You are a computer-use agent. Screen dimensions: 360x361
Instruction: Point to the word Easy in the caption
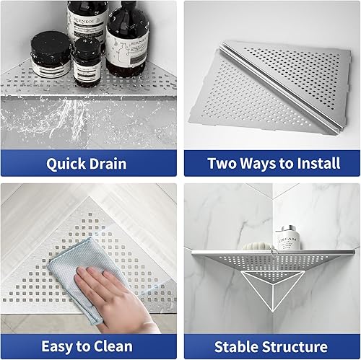[60, 346]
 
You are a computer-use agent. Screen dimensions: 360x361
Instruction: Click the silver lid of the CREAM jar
[287, 229]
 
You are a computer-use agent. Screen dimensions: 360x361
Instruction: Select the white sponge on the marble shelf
[254, 246]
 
